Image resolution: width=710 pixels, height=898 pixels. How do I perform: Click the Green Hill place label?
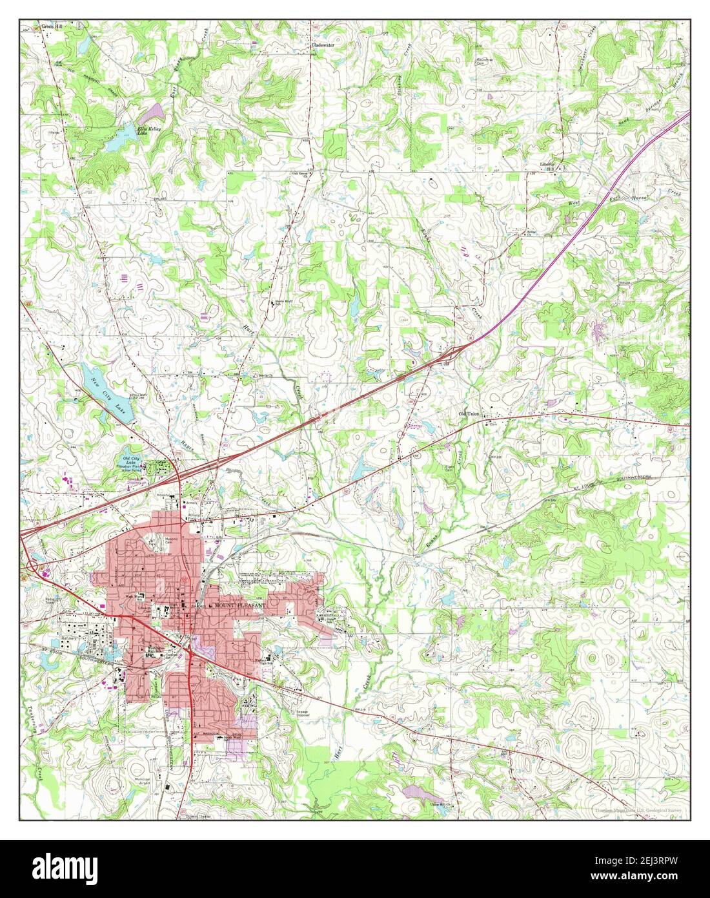(x=50, y=27)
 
